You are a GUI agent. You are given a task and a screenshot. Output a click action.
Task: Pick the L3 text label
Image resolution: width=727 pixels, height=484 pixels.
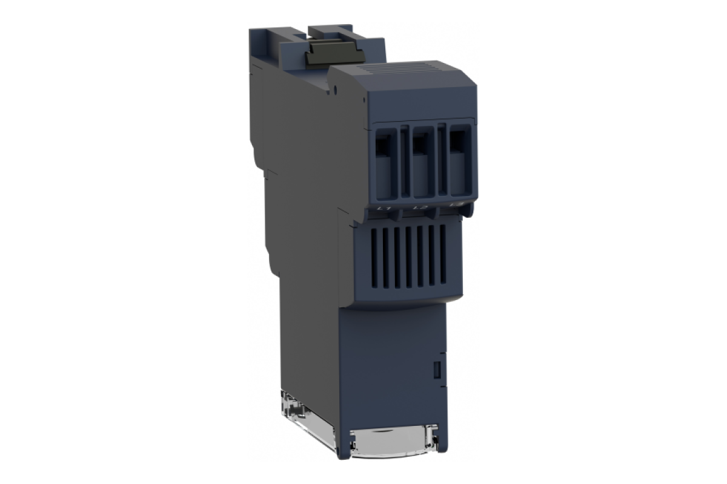coord(459,207)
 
